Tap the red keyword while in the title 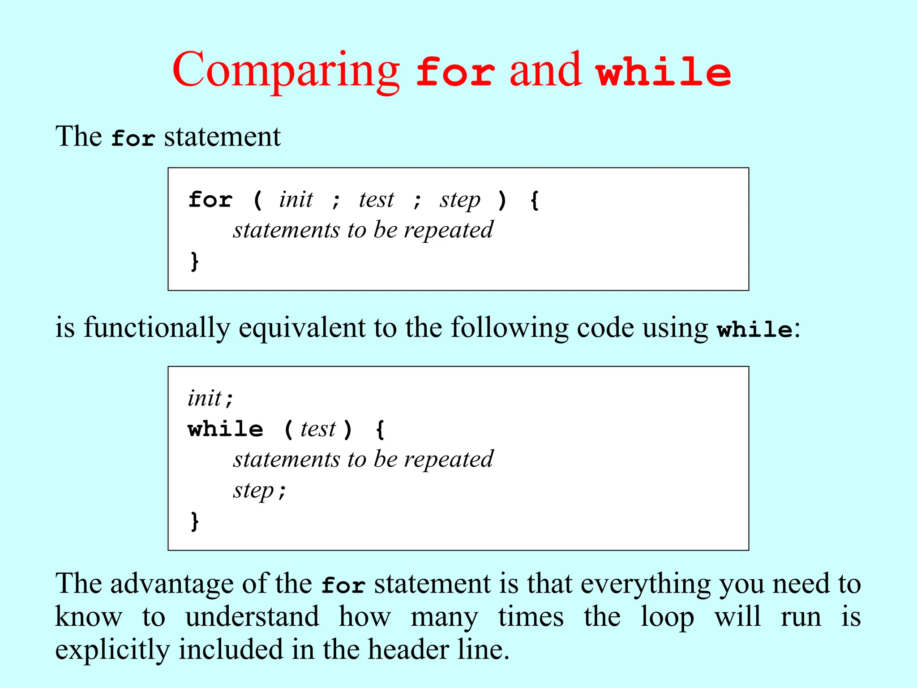point(664,72)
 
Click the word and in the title point(545,71)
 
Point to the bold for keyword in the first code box point(210,200)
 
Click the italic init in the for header point(296,200)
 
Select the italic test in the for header point(376,200)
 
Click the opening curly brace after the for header point(534,200)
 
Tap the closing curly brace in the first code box point(194,261)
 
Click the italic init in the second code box point(205,398)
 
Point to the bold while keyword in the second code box point(226,429)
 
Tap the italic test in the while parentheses point(318,429)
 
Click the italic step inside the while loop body point(253,491)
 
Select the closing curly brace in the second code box point(194,521)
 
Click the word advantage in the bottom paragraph point(172,584)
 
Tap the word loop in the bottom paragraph point(667,617)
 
